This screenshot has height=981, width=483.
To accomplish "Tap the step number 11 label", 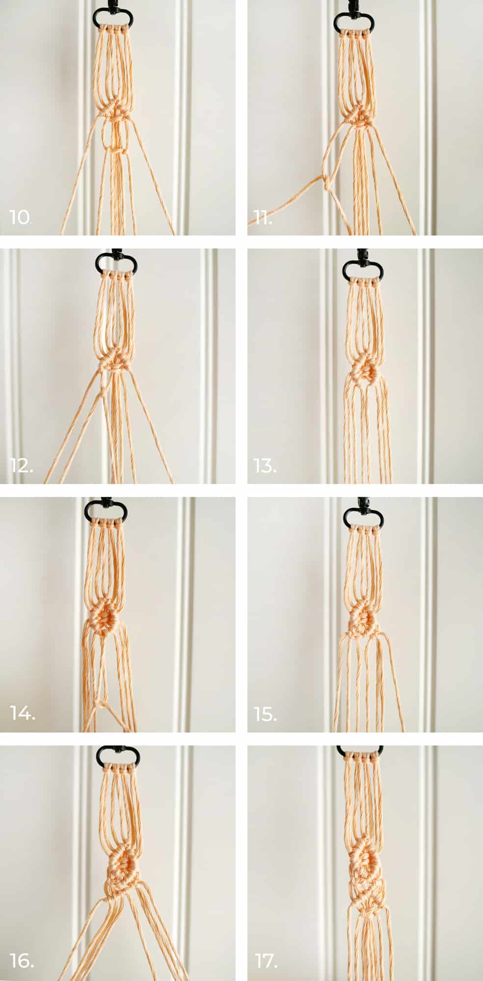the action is point(263,217).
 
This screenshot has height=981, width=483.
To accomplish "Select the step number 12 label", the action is point(22,465).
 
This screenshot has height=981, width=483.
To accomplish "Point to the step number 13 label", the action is point(265,465).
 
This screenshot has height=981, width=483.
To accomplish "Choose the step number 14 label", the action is point(23,713).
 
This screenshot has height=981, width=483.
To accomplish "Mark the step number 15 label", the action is point(266,713).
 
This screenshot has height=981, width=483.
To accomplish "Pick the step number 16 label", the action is point(22,961).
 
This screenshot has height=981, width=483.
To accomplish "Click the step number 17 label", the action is point(266,961).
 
